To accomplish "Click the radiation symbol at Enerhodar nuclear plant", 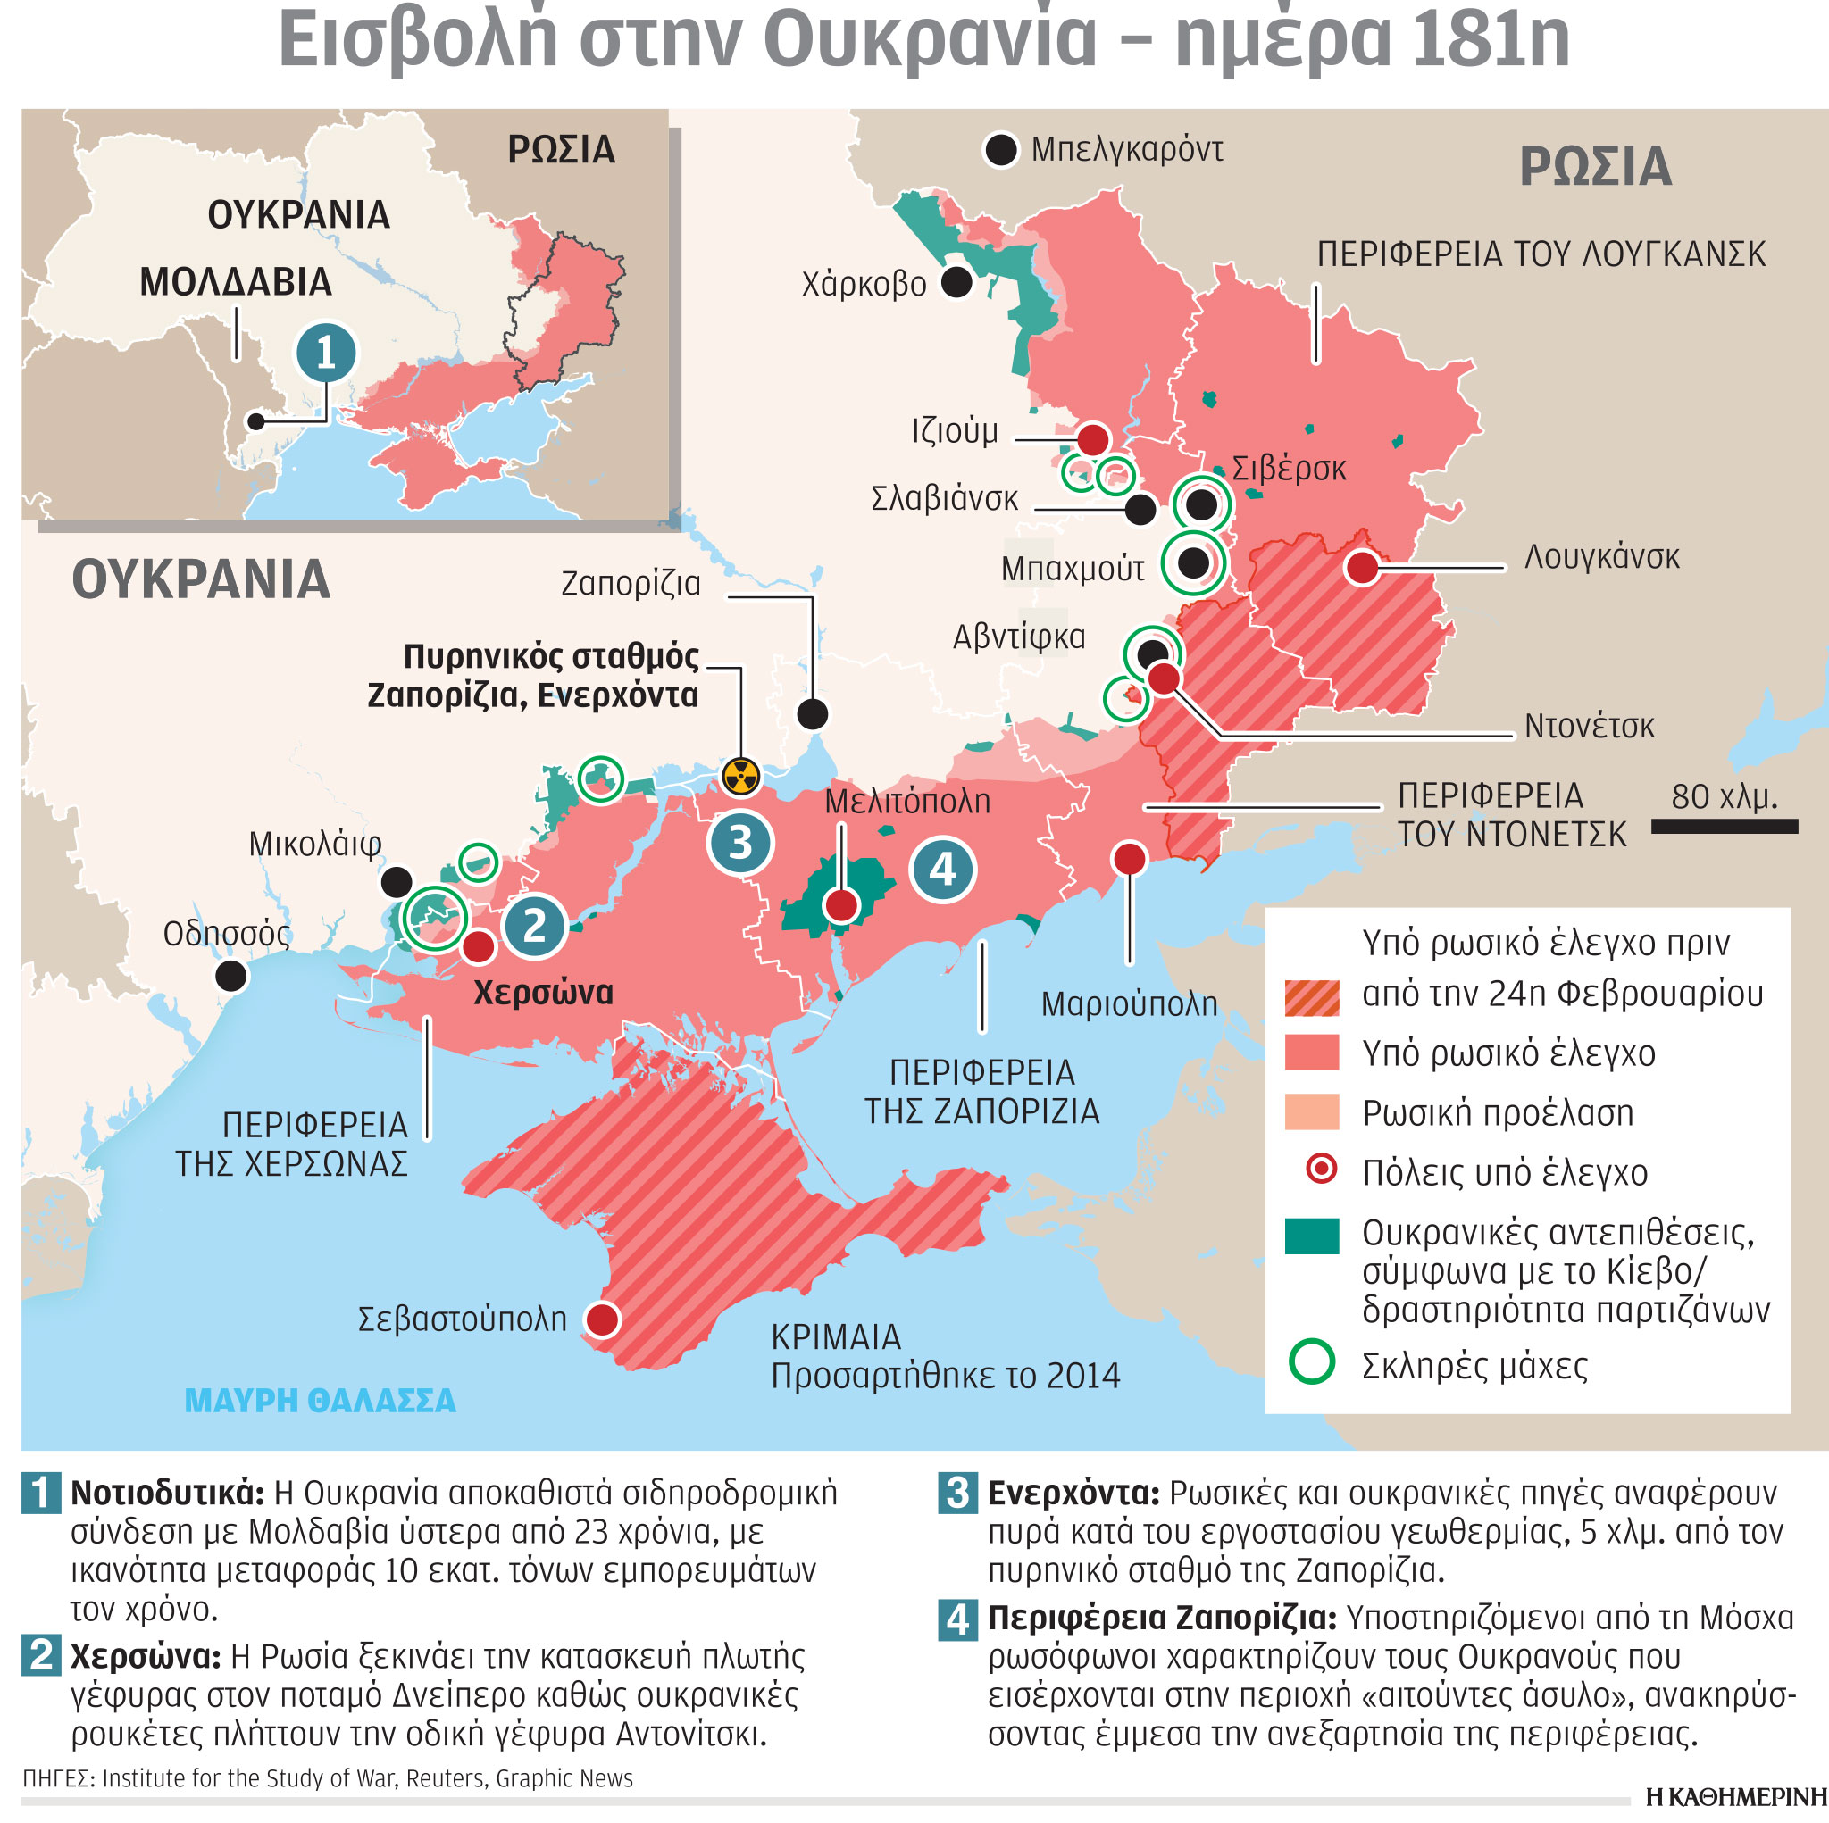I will [x=740, y=776].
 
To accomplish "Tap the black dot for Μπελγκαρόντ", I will [x=1000, y=150].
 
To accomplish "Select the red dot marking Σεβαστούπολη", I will [x=602, y=1319].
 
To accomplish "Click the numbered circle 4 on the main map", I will [x=942, y=868].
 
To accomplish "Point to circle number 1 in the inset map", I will [x=326, y=352].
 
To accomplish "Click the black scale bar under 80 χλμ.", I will [x=1723, y=827].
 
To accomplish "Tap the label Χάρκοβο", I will [x=864, y=284].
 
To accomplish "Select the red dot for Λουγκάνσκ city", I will [x=1361, y=568].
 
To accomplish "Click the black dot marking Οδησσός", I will [x=231, y=975].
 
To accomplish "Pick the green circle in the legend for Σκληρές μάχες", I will [x=1311, y=1363].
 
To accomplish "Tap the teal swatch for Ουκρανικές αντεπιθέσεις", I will [x=1311, y=1236].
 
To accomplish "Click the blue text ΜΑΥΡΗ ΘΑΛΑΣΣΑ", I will [x=320, y=1401].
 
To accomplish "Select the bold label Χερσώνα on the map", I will [x=542, y=993].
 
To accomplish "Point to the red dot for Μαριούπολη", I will [x=1129, y=859].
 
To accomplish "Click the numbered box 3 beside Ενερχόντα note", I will [x=956, y=1493].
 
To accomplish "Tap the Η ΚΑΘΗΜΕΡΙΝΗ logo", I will [x=1735, y=1796].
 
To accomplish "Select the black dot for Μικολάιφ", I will [x=397, y=882].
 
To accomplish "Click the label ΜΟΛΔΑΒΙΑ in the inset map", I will [x=235, y=282].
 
